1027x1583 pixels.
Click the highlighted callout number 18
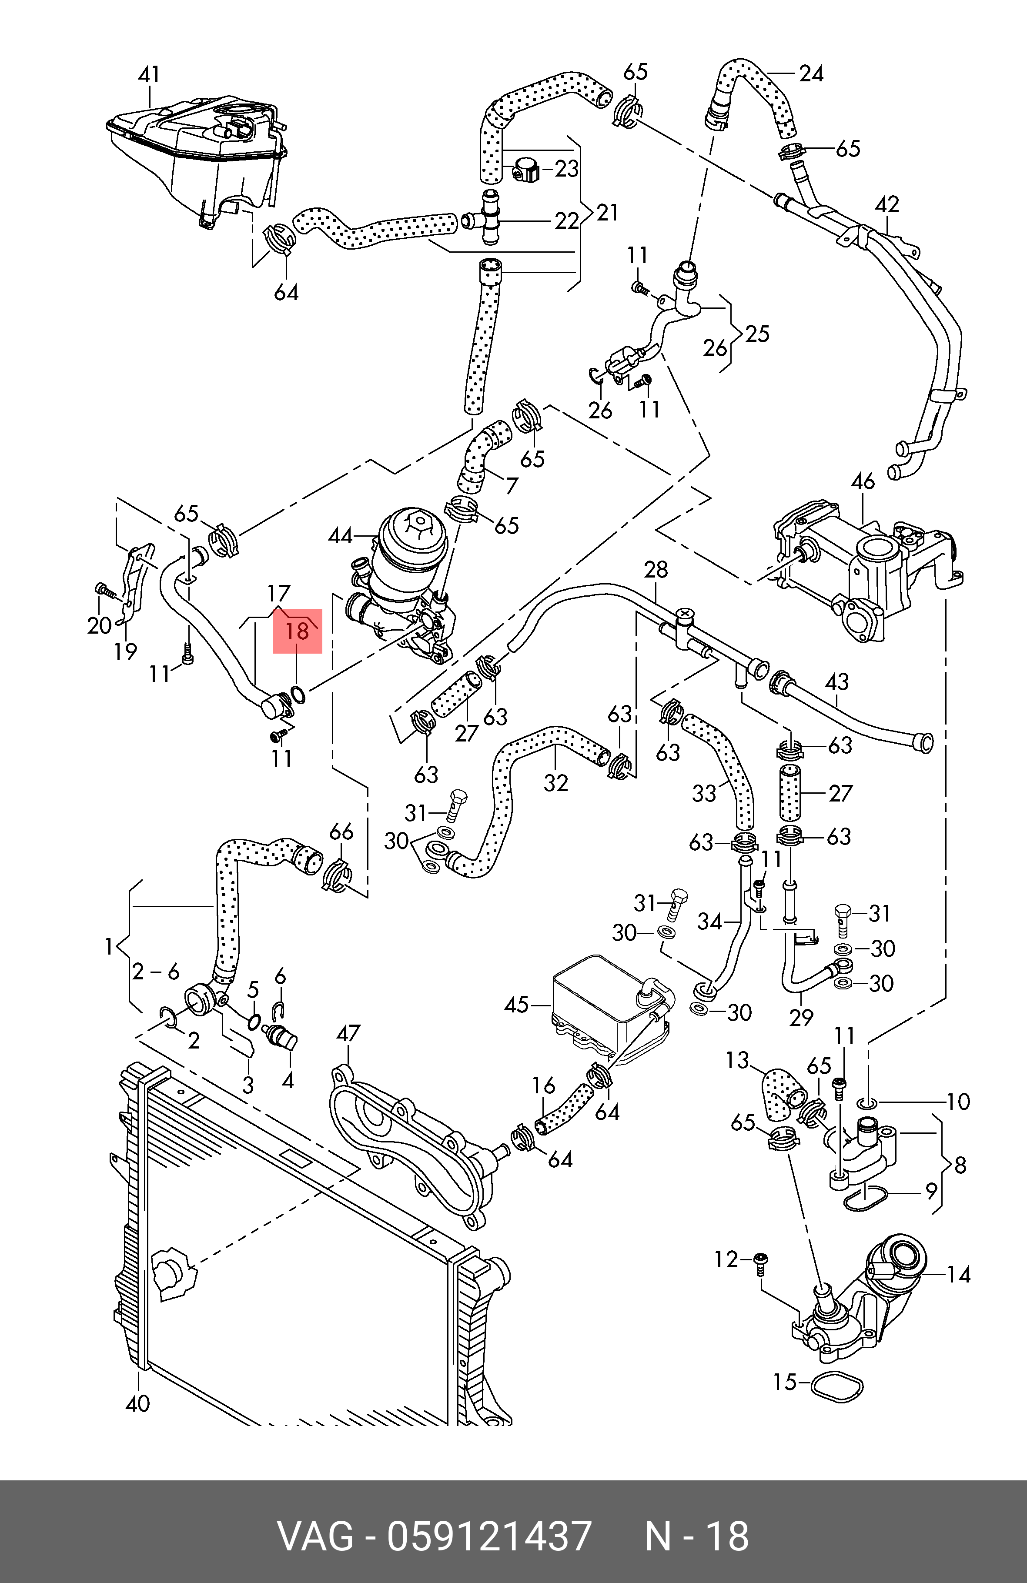[x=298, y=631]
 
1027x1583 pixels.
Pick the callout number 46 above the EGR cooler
[x=863, y=481]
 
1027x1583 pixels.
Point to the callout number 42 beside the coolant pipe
[x=887, y=204]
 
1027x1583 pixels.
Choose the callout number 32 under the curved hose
[x=556, y=783]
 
